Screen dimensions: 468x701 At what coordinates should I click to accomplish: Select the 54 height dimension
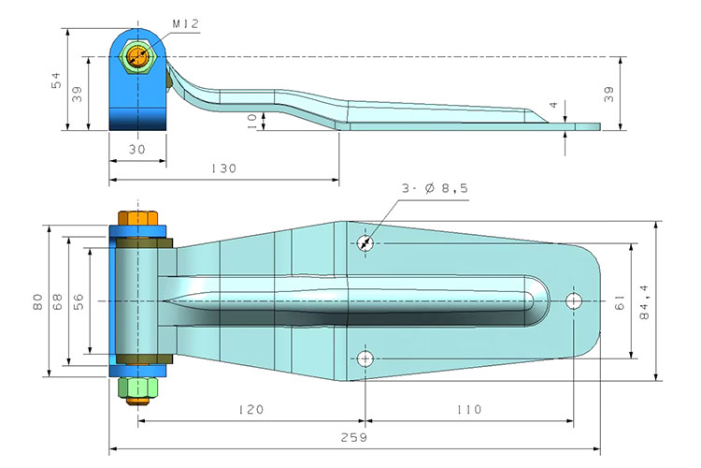pos(55,81)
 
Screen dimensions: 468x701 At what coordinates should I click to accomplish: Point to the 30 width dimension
pos(137,149)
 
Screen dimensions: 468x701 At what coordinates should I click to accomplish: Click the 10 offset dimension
pos(251,119)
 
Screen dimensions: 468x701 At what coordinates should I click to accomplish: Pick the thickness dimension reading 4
pos(553,105)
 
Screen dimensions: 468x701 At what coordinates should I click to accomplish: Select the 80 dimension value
pos(36,301)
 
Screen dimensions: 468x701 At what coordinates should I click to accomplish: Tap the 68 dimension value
pos(57,301)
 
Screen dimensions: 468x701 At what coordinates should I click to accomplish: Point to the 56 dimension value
pos(79,301)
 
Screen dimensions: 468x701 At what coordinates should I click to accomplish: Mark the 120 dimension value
pos(250,409)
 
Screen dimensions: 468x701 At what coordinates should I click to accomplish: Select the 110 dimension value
pos(469,409)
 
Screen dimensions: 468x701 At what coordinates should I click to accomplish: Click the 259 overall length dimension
pos(355,437)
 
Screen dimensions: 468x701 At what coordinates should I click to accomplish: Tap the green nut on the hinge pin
pos(138,387)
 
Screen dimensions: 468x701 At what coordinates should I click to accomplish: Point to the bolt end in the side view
pos(138,57)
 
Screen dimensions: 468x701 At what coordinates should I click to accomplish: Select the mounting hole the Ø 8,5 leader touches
pos(365,243)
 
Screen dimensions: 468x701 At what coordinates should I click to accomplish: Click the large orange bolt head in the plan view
pos(138,222)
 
